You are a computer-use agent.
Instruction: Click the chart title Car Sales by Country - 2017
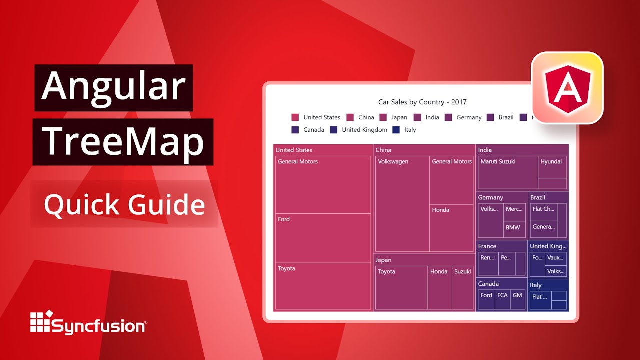click(x=422, y=102)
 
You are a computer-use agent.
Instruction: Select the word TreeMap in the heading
click(x=123, y=142)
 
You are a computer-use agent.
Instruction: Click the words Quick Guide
click(x=124, y=204)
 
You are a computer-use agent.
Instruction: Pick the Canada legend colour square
click(x=295, y=130)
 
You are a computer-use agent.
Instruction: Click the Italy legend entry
click(x=404, y=130)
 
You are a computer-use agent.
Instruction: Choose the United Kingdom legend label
click(x=364, y=130)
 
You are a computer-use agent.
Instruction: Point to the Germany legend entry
click(x=463, y=117)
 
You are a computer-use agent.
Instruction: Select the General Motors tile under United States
click(x=323, y=185)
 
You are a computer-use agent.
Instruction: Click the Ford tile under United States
click(x=323, y=238)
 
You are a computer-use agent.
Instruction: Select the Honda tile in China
click(x=451, y=227)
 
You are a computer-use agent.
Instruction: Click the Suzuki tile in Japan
click(x=462, y=287)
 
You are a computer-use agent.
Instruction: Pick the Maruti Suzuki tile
click(x=508, y=172)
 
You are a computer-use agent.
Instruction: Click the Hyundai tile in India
click(x=552, y=167)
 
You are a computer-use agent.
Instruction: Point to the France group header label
click(x=487, y=246)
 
